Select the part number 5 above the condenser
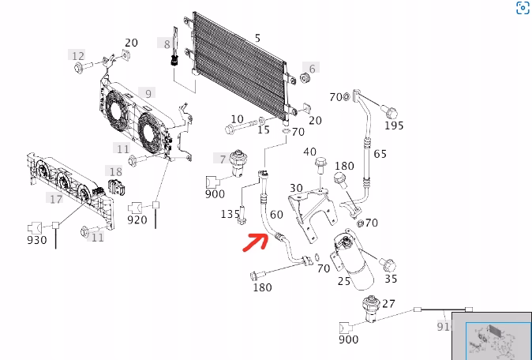tap(257, 38)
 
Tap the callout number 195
tap(393, 126)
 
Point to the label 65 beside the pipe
tap(380, 153)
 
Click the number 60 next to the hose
tap(276, 214)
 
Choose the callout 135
tap(230, 214)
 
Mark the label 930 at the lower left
tap(37, 240)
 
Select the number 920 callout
tap(137, 219)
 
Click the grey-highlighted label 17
tap(56, 198)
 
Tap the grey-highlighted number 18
tap(115, 172)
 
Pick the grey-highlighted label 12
tap(77, 55)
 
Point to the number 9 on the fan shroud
tap(148, 94)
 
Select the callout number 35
tap(391, 279)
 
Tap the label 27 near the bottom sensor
tap(388, 303)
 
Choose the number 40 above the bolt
tap(309, 152)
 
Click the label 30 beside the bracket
tap(296, 188)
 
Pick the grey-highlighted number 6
tap(312, 69)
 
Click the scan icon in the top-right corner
tap(523, 9)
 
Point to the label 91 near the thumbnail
tap(443, 326)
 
